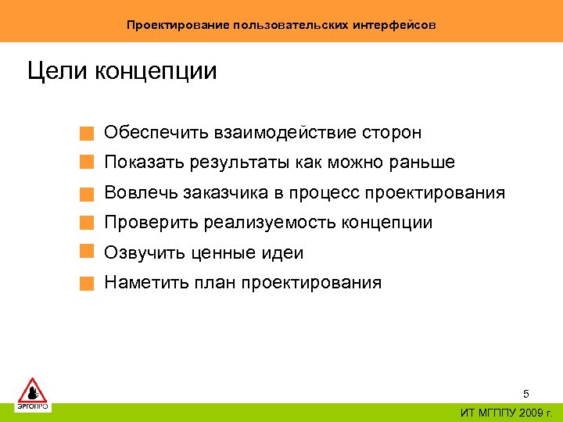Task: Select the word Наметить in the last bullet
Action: [145, 282]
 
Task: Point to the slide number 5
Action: [526, 394]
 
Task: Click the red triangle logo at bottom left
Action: [33, 389]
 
